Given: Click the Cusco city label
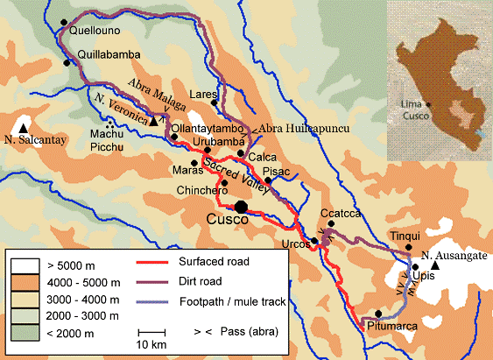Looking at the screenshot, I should coord(227,221).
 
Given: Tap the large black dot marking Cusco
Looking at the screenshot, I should coord(242,206).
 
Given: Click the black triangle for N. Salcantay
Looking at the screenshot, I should coord(23,128).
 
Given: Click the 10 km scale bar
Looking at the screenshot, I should coord(152,332).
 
